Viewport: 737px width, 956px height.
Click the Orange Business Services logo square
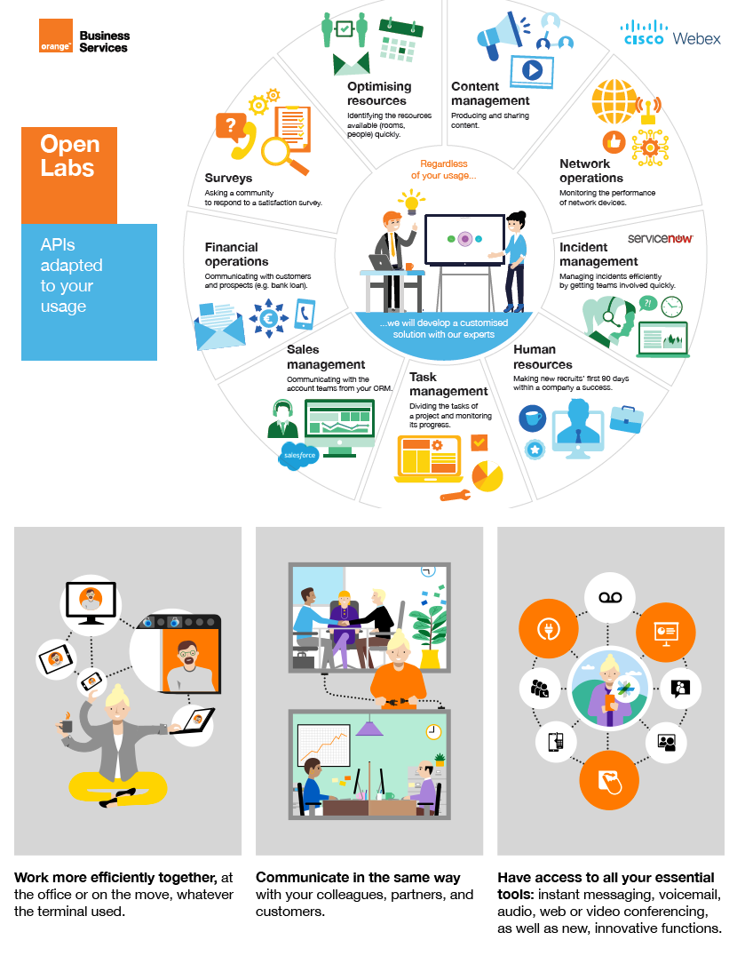[55, 37]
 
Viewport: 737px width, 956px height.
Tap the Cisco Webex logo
[671, 33]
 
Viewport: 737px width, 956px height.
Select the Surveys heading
[228, 179]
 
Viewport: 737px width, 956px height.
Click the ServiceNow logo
[660, 239]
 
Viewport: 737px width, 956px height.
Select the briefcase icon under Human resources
[626, 418]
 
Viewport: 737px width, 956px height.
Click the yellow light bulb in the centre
[410, 202]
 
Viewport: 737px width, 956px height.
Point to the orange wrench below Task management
[454, 496]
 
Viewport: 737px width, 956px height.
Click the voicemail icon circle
[610, 598]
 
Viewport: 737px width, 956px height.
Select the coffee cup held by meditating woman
[66, 725]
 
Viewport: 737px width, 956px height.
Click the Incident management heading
[598, 254]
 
